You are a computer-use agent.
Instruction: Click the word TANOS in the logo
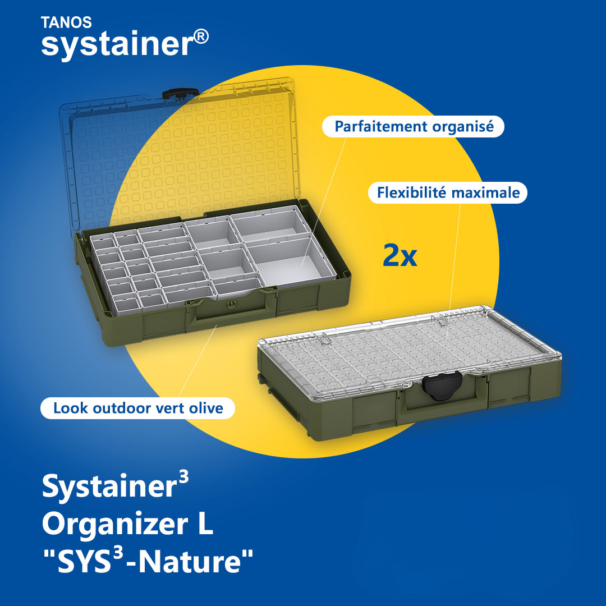point(66,22)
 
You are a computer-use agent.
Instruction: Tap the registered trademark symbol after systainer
point(201,37)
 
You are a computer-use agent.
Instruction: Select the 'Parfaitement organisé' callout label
point(413,126)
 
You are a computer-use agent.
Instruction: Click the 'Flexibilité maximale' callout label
point(448,192)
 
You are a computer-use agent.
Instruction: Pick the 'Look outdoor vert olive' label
point(137,408)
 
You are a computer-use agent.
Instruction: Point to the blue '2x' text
point(400,255)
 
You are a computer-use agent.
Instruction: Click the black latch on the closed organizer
point(442,385)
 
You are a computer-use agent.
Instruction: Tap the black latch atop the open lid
point(180,94)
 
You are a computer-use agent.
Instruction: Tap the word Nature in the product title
point(190,562)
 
